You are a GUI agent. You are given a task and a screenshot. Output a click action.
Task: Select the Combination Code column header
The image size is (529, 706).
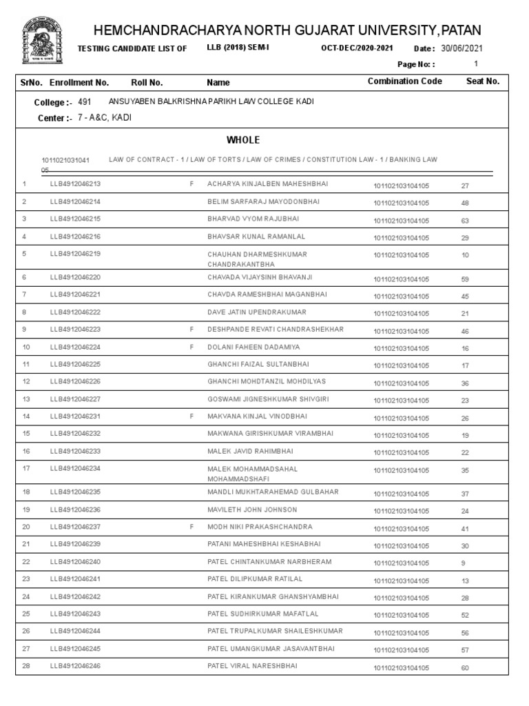pos(404,81)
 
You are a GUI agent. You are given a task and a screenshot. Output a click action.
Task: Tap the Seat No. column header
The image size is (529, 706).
pos(482,81)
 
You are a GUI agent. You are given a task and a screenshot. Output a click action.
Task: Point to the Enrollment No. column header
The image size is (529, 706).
pos(79,82)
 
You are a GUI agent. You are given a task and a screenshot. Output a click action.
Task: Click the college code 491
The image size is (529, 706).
pos(84,102)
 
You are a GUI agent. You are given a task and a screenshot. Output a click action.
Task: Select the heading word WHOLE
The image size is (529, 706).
pos(247,140)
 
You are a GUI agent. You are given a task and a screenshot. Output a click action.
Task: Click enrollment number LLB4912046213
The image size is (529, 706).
pos(75,185)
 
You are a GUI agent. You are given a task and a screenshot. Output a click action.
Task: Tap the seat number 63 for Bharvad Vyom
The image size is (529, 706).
pos(465,221)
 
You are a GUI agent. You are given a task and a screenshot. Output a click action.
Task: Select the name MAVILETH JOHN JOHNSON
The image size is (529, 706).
pos(252,510)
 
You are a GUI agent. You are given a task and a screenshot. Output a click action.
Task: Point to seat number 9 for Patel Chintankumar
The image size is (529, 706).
pos(463,563)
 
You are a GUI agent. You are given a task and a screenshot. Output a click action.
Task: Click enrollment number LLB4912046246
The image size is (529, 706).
pos(75,667)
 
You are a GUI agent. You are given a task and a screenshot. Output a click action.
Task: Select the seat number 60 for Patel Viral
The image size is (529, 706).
pos(465,668)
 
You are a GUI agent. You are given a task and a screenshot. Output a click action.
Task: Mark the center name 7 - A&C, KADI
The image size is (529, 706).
pos(104,118)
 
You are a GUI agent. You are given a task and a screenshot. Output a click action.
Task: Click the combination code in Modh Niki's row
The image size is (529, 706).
pos(401,529)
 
